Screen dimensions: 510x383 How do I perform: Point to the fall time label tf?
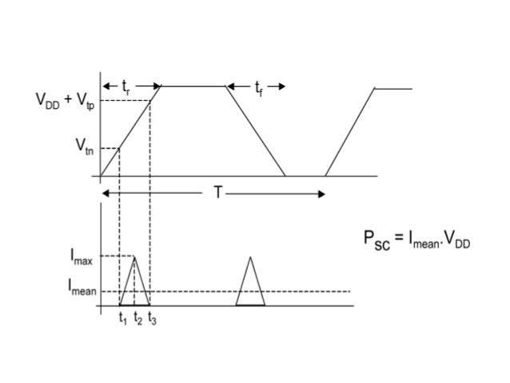click(257, 87)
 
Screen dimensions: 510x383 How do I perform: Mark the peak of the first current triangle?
click(134, 256)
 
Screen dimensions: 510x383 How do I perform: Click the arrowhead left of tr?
click(104, 86)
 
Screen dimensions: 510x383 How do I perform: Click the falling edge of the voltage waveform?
click(256, 130)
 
